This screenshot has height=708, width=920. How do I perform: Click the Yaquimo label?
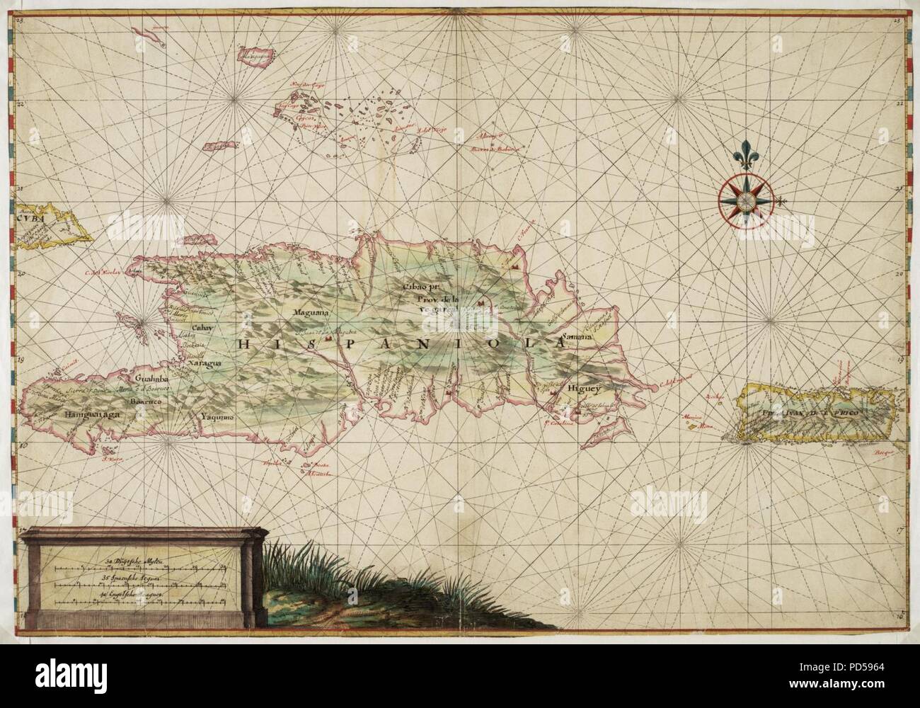pos(217,417)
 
